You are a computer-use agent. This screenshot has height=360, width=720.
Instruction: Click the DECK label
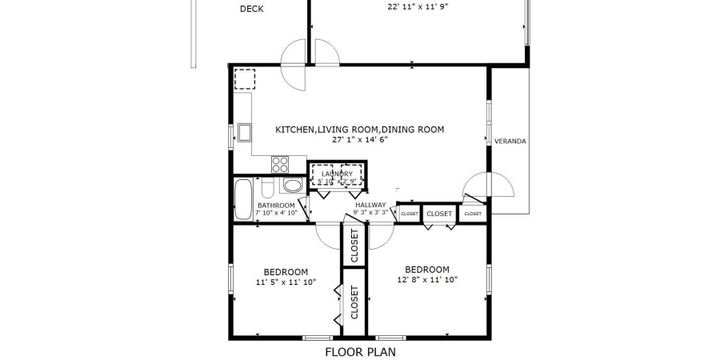[x=252, y=10]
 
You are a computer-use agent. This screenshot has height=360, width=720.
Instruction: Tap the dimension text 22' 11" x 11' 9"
[x=418, y=7]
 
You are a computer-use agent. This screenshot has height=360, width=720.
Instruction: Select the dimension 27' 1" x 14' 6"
[x=359, y=139]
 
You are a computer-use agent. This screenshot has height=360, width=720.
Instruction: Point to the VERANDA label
[x=510, y=142]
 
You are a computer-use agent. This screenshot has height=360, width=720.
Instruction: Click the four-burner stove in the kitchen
[x=280, y=165]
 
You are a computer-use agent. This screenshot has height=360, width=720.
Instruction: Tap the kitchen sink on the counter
[x=242, y=132]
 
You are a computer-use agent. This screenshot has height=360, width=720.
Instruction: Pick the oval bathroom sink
[x=292, y=186]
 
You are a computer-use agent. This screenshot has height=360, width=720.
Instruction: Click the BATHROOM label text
[x=276, y=205]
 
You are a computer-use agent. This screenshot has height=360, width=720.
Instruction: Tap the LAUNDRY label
[x=337, y=174]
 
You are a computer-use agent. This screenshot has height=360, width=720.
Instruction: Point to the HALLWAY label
[x=371, y=205]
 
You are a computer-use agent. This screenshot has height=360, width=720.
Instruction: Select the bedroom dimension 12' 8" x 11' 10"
[x=427, y=279]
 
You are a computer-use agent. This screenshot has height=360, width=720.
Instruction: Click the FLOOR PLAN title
[x=359, y=351]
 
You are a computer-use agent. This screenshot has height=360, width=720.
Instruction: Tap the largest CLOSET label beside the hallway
[x=438, y=214]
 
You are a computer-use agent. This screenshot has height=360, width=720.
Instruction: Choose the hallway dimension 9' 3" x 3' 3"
[x=371, y=213]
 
